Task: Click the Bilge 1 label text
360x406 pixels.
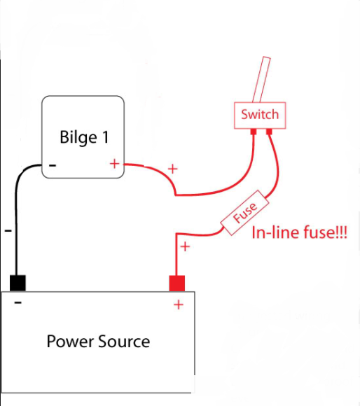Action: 84,137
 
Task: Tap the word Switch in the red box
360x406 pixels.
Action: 260,114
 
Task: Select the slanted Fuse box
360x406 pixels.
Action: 244,213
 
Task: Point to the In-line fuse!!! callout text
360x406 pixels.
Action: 299,232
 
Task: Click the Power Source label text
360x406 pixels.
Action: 98,342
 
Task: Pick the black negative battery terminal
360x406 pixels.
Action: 18,283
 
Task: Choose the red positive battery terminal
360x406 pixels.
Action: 177,283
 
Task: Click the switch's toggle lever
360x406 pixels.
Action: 261,80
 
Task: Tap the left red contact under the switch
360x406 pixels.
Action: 254,132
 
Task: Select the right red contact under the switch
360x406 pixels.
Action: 269,132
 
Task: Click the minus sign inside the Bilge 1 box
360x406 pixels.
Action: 53,165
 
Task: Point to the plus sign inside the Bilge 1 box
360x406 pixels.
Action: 114,164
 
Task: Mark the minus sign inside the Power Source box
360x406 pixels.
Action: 18,302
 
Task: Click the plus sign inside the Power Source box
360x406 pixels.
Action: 179,304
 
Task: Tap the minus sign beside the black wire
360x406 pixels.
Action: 8,230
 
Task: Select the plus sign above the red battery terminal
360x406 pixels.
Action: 185,246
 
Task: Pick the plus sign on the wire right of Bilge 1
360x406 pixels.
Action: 173,169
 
